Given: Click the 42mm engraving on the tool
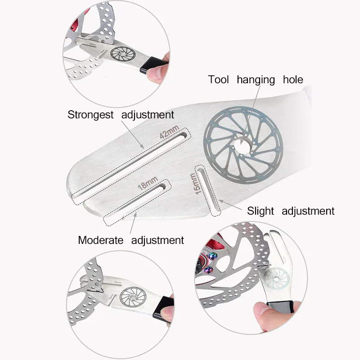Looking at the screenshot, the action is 169,132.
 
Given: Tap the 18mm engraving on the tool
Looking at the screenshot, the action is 148,183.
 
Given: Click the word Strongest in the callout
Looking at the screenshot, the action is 90,115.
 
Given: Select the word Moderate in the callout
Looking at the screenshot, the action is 100,240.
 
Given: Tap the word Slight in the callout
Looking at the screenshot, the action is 261,211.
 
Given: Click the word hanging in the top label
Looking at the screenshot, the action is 256,80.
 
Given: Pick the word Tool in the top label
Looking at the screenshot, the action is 218,80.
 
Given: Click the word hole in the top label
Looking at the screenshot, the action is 293,80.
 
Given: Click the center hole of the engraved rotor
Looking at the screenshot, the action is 242,145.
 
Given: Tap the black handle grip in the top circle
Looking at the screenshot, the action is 153,65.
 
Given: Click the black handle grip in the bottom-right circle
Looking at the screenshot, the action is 280,307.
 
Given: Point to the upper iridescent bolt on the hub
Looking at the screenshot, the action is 212,256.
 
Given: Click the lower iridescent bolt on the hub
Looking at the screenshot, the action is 209,270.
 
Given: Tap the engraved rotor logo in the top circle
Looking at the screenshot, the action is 123,54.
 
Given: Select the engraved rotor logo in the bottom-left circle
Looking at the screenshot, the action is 133,297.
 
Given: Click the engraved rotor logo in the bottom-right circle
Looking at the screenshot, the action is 276,279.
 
